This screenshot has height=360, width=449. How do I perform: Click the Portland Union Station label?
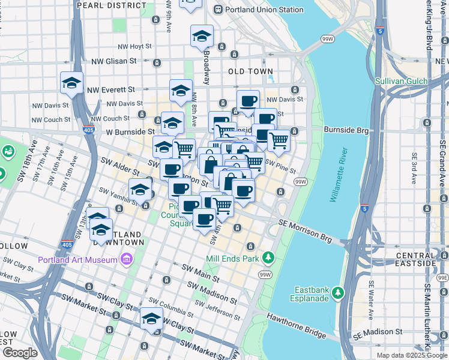click(263, 10)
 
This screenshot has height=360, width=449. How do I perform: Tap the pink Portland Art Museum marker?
click(126, 259)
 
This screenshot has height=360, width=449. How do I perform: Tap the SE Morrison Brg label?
click(306, 230)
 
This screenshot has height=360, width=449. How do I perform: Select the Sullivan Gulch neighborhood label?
click(401, 81)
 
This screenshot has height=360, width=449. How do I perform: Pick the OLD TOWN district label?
click(251, 71)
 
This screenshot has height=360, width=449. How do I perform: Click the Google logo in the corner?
click(20, 353)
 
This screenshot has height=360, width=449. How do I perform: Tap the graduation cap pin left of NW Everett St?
click(71, 83)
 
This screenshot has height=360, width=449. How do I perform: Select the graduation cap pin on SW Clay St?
click(152, 319)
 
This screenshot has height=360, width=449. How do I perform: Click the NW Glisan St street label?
click(114, 61)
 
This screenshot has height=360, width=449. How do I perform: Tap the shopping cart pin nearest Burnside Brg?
click(279, 141)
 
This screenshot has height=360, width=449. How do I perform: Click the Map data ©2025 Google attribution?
click(412, 355)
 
